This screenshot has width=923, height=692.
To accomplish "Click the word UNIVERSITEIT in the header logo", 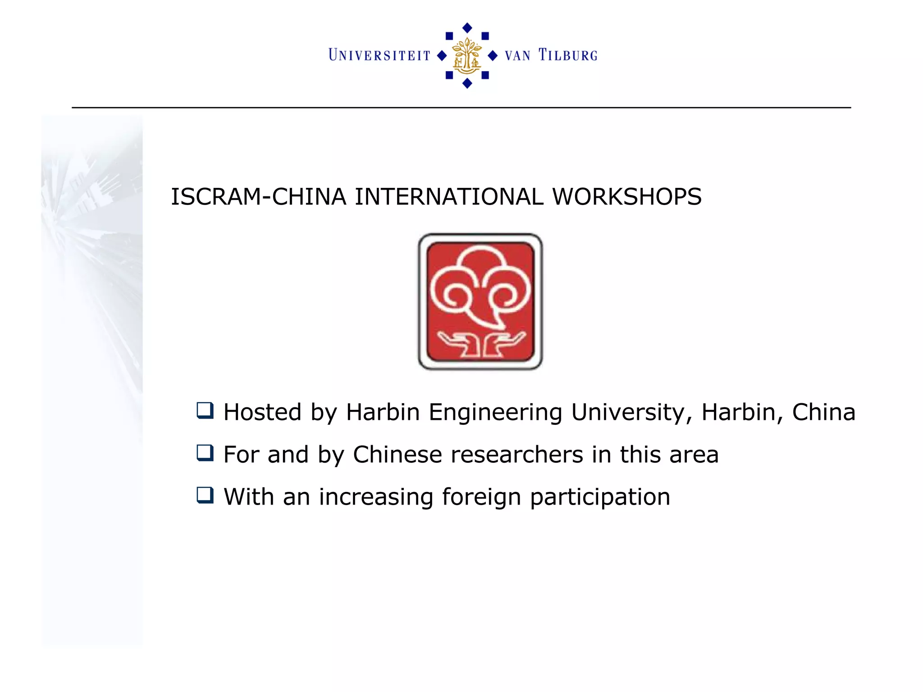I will (x=379, y=55).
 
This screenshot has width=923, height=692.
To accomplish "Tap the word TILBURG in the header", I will (x=568, y=55).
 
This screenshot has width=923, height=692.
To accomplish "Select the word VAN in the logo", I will (x=517, y=56).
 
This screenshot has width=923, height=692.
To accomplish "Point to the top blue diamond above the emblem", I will (x=467, y=28).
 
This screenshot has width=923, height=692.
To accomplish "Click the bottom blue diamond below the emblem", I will (x=467, y=83).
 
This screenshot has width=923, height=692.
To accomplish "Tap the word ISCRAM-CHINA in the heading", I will (x=258, y=197).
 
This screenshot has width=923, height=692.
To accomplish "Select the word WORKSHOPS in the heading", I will (x=627, y=197).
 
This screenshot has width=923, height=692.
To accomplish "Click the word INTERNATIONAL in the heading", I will (x=449, y=197).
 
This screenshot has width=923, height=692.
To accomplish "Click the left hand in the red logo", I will (x=457, y=343).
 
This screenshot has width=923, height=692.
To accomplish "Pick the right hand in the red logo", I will (x=503, y=343).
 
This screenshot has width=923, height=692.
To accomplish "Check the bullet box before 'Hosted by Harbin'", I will (x=205, y=410).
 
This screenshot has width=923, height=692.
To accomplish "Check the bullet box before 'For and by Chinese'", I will (x=205, y=453).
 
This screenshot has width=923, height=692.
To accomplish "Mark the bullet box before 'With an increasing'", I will (x=205, y=495).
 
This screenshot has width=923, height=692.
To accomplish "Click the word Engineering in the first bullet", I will (x=495, y=412).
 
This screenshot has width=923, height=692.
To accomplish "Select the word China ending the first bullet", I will (x=823, y=412).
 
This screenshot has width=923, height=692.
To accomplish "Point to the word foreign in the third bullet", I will (x=481, y=497).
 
